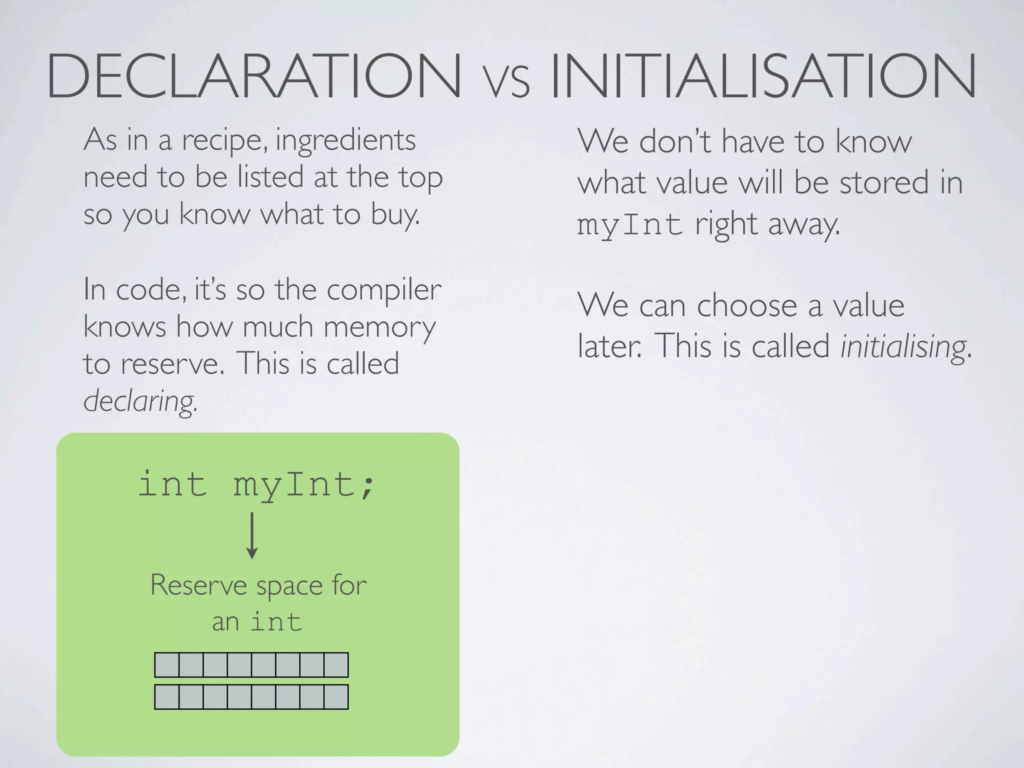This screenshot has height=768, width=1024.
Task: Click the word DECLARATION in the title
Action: pyautogui.click(x=254, y=76)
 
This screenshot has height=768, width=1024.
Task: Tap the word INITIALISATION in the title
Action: pyautogui.click(x=763, y=76)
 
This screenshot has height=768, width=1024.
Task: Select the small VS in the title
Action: pyautogui.click(x=506, y=82)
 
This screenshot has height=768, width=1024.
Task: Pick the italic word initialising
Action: pyautogui.click(x=903, y=346)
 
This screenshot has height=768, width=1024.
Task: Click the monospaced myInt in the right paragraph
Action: pyautogui.click(x=629, y=225)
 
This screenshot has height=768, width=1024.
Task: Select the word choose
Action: pyautogui.click(x=747, y=305)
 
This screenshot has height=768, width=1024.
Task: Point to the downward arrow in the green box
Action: pyautogui.click(x=252, y=535)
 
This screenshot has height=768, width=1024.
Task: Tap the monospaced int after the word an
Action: pyautogui.click(x=276, y=622)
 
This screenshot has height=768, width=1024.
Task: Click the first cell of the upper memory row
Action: pyautogui.click(x=167, y=665)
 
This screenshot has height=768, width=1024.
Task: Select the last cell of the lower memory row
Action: pyautogui.click(x=336, y=697)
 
